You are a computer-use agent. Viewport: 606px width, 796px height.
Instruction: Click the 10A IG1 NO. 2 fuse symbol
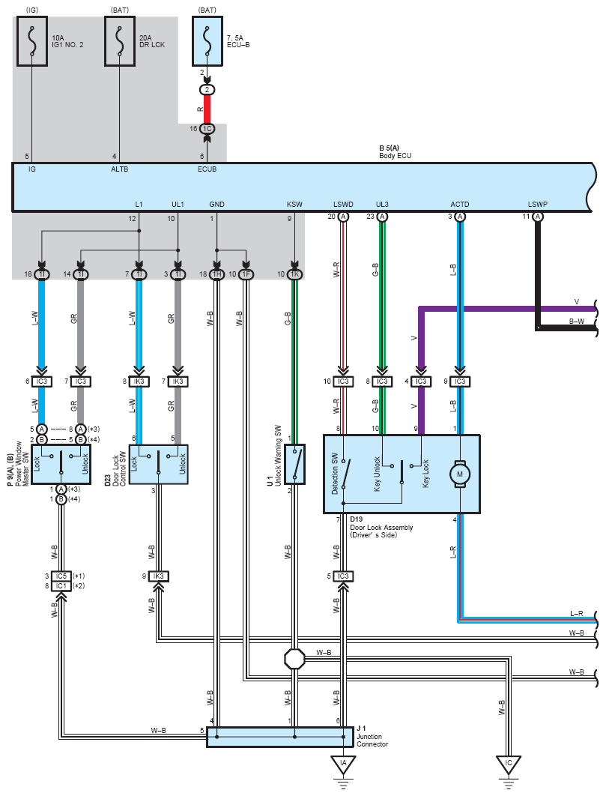pos(32,41)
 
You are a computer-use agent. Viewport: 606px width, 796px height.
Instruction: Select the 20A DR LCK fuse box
pos(120,41)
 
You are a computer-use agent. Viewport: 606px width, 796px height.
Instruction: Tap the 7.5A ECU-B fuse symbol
pos(207,41)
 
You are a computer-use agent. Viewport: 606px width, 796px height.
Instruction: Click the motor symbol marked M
pos(460,474)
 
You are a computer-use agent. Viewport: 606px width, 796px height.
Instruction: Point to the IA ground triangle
pos(343,764)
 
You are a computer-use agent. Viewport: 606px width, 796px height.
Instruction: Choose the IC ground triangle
pos(509,764)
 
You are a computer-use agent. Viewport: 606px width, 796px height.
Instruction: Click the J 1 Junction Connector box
pos(280,737)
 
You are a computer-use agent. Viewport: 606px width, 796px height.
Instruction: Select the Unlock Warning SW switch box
pos(295,464)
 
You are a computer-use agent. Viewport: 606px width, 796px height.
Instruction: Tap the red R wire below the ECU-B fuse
pos(207,109)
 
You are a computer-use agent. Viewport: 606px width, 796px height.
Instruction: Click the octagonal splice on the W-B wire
pos(295,659)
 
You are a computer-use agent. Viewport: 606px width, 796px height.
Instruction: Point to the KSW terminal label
pos(294,204)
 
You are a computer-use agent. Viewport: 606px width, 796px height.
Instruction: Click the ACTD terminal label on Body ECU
pos(460,204)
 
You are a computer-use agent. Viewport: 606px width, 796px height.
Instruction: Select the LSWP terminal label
pos(538,204)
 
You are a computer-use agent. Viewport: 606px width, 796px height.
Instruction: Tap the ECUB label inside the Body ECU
pos(207,169)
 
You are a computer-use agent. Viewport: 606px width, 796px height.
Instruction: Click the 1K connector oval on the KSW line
pos(295,274)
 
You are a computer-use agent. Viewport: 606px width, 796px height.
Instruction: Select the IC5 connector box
pos(61,576)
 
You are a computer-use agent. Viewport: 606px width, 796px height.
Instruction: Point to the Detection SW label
pos(335,474)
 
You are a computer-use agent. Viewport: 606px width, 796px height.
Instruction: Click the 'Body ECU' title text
pos(395,156)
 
